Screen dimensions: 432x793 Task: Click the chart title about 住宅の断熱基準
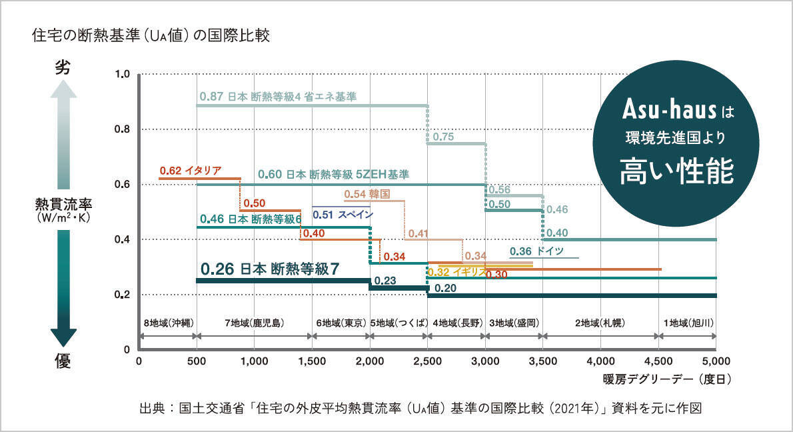151,35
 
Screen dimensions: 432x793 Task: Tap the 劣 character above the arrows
62,68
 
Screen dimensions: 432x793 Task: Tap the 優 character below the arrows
62,361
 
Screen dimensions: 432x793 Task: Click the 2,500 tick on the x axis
427,361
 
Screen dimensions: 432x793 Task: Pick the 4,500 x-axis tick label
658,361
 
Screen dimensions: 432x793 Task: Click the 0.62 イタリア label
190,170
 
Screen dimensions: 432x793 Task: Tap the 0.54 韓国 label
366,194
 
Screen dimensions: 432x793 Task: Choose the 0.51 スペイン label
343,215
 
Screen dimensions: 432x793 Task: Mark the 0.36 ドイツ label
536,251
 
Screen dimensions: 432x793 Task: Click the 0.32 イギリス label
456,272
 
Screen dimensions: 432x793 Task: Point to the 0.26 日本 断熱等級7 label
270,269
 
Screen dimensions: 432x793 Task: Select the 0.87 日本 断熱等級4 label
277,97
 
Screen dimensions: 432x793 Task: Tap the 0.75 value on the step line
443,137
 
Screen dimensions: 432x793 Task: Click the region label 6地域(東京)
341,323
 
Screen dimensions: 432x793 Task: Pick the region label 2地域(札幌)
600,323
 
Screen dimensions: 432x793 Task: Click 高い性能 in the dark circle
676,171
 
